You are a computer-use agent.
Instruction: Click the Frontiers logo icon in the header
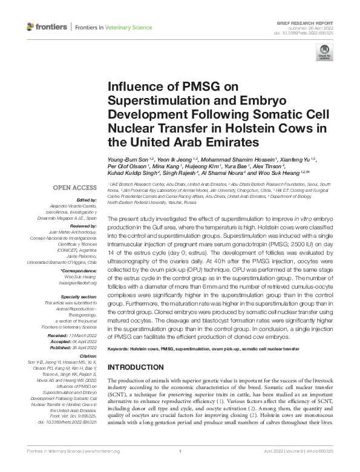point(30,27)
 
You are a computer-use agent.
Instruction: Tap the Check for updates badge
point(324,54)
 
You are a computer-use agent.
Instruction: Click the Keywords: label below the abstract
point(119,350)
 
